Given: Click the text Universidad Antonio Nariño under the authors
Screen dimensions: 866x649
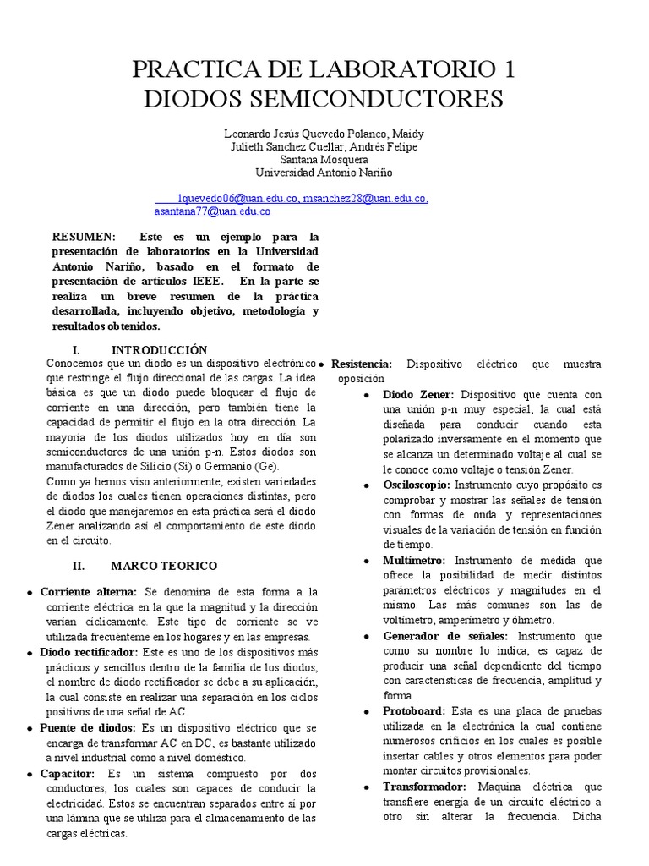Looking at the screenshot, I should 324,172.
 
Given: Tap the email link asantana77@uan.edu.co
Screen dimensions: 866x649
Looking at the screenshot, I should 212,211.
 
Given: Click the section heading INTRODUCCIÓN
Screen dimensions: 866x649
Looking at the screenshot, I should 159,349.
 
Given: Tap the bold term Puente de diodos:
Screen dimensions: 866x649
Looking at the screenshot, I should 87,727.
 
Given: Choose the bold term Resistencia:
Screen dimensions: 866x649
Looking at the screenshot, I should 362,364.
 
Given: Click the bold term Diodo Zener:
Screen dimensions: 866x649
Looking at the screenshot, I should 418,394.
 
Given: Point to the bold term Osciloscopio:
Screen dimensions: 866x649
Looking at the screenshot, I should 417,485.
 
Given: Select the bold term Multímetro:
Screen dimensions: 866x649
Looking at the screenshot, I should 415,560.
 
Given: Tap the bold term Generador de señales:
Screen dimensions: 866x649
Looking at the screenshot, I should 445,635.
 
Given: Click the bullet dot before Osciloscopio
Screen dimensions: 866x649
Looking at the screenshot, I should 365,485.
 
